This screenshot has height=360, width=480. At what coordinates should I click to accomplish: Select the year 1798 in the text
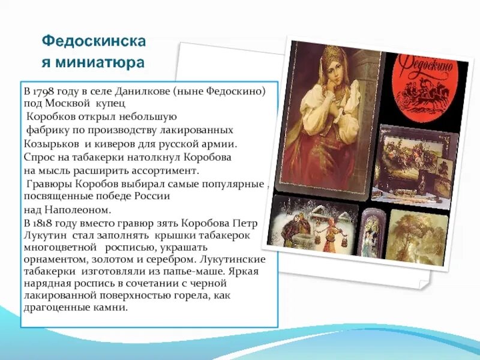45,92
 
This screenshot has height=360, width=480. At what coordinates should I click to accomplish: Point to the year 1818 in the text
45,223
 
